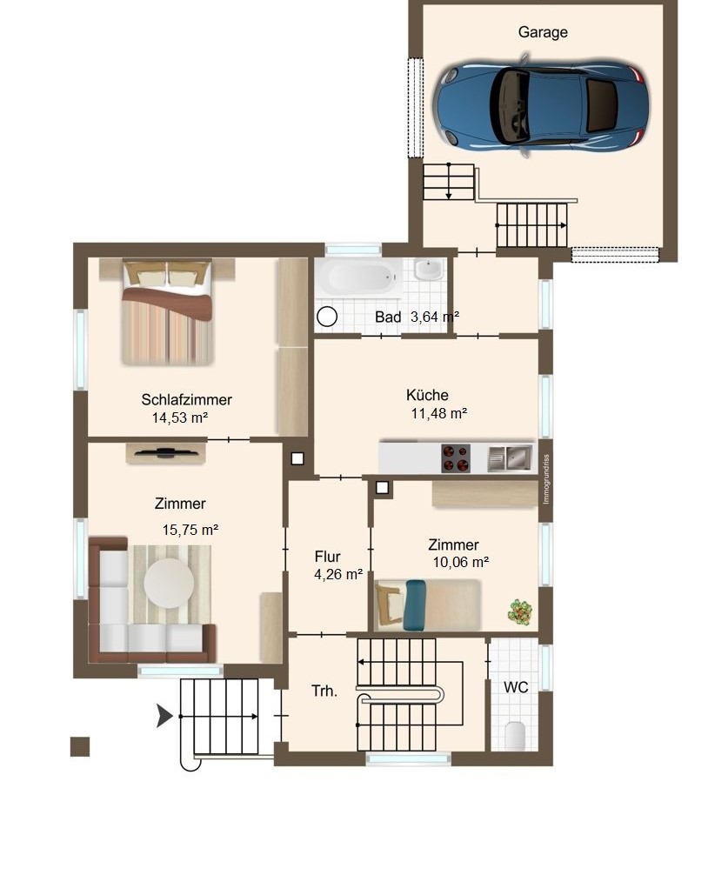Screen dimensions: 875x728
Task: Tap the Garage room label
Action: point(543,32)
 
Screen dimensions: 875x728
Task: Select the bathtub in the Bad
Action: point(357,278)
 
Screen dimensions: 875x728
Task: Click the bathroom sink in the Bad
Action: point(427,271)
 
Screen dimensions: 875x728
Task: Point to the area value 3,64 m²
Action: point(435,317)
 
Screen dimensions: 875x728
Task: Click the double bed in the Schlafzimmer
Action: point(166,311)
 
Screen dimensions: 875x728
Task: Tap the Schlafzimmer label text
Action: point(186,400)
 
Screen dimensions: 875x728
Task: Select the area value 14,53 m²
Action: point(180,418)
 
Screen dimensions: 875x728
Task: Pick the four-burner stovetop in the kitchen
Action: point(457,458)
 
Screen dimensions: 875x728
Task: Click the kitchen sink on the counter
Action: point(510,458)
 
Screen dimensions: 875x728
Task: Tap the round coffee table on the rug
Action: point(169,583)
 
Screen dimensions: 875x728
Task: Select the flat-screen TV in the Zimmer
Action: point(165,451)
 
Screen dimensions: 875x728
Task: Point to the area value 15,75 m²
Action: point(190,529)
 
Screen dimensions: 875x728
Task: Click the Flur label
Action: point(328,557)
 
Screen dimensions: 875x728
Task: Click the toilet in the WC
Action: point(515,736)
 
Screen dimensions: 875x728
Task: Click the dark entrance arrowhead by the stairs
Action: point(164,717)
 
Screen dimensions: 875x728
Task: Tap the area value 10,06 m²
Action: point(460,562)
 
